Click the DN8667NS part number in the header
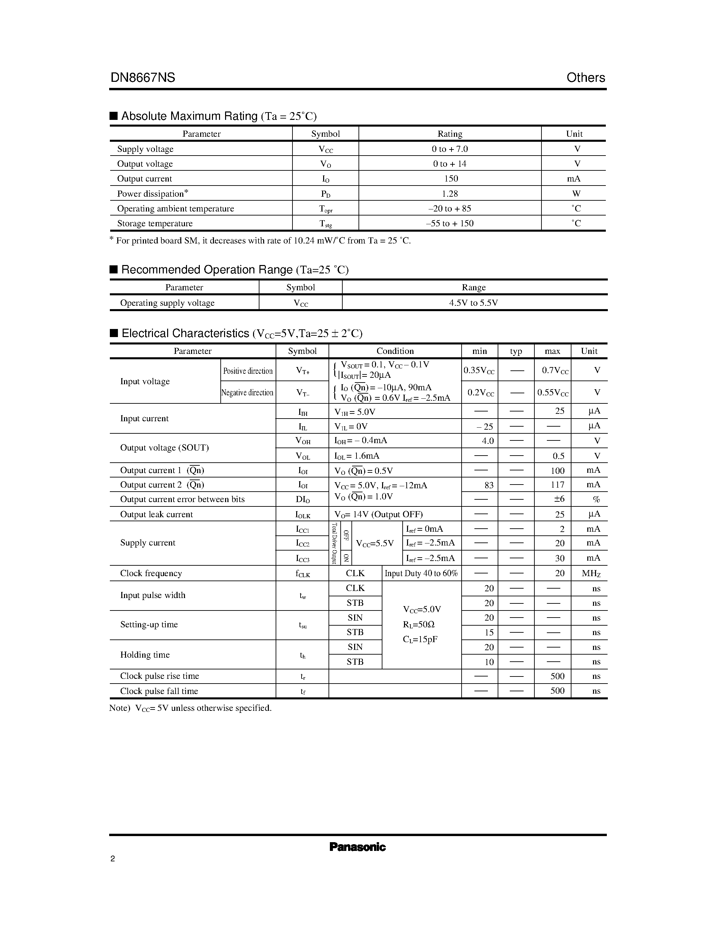[143, 77]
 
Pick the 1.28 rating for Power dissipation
[449, 194]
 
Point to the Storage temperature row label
[155, 224]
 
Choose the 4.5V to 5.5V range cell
[473, 303]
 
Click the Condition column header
[395, 351]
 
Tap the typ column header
[516, 351]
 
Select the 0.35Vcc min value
[479, 371]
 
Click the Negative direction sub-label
[248, 393]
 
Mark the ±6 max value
[559, 499]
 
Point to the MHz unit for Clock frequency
[591, 574]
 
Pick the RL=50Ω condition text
[419, 625]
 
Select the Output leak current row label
[157, 514]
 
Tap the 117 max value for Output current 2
[557, 485]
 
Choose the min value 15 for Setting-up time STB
[489, 633]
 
